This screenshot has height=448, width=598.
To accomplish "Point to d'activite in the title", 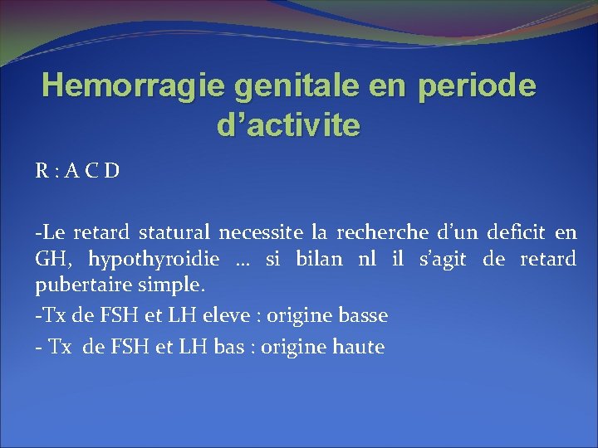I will [287, 125].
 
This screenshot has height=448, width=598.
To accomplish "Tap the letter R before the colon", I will [41, 172].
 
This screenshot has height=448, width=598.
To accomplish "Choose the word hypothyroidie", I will [154, 260].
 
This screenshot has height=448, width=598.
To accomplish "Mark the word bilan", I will [318, 259].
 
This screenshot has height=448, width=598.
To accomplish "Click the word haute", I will [357, 347].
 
